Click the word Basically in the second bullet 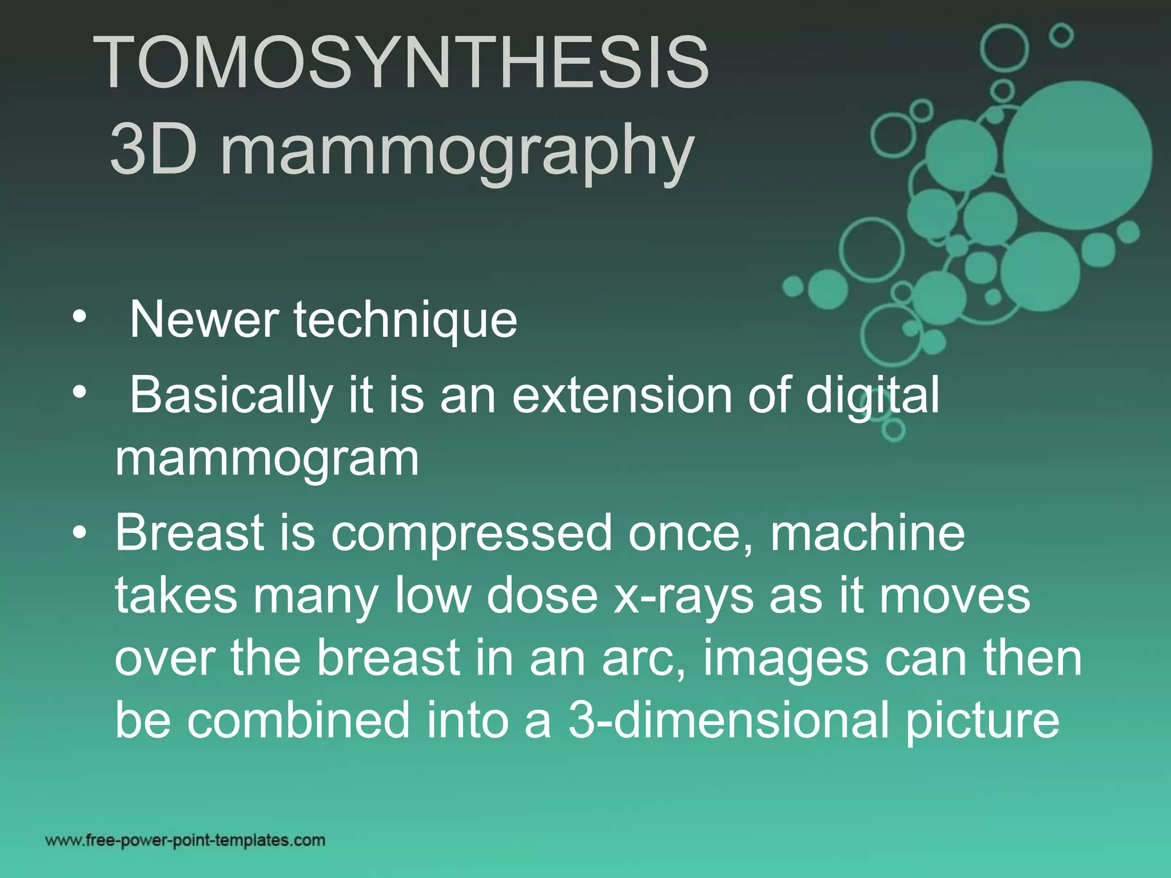click(231, 396)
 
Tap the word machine click(867, 533)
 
